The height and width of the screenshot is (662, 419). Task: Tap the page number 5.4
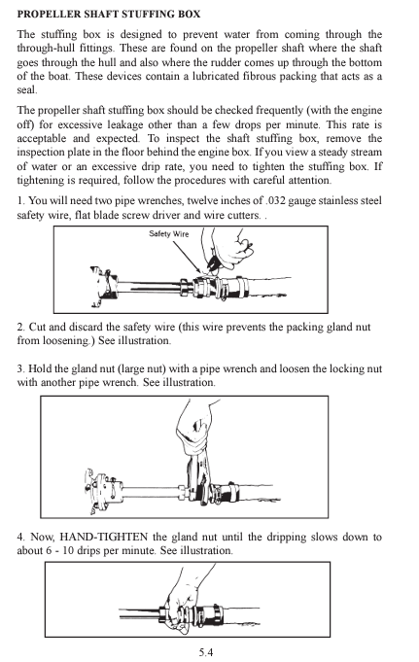206,650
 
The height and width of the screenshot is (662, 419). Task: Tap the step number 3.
20,369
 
